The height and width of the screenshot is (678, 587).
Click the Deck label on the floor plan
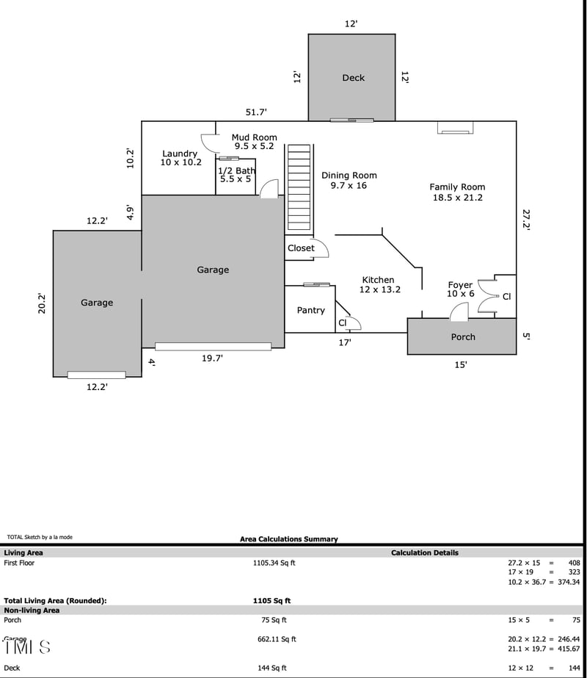[x=353, y=78]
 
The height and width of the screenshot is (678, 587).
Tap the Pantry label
[x=310, y=310]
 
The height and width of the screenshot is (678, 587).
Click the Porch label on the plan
[x=462, y=337]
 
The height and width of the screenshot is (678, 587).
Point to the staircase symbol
[x=299, y=188]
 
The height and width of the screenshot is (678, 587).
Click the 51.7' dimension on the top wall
[x=256, y=112]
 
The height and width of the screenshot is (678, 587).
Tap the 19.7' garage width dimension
[x=212, y=358]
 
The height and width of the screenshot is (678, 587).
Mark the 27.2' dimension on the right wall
[x=526, y=219]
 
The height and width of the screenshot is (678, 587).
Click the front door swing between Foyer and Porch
[x=459, y=311]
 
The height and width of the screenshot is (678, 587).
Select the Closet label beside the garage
[x=301, y=248]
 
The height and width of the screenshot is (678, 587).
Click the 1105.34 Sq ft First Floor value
[x=274, y=563]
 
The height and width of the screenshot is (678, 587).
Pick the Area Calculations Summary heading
[x=289, y=539]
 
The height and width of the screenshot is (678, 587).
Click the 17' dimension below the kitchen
[x=345, y=342]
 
